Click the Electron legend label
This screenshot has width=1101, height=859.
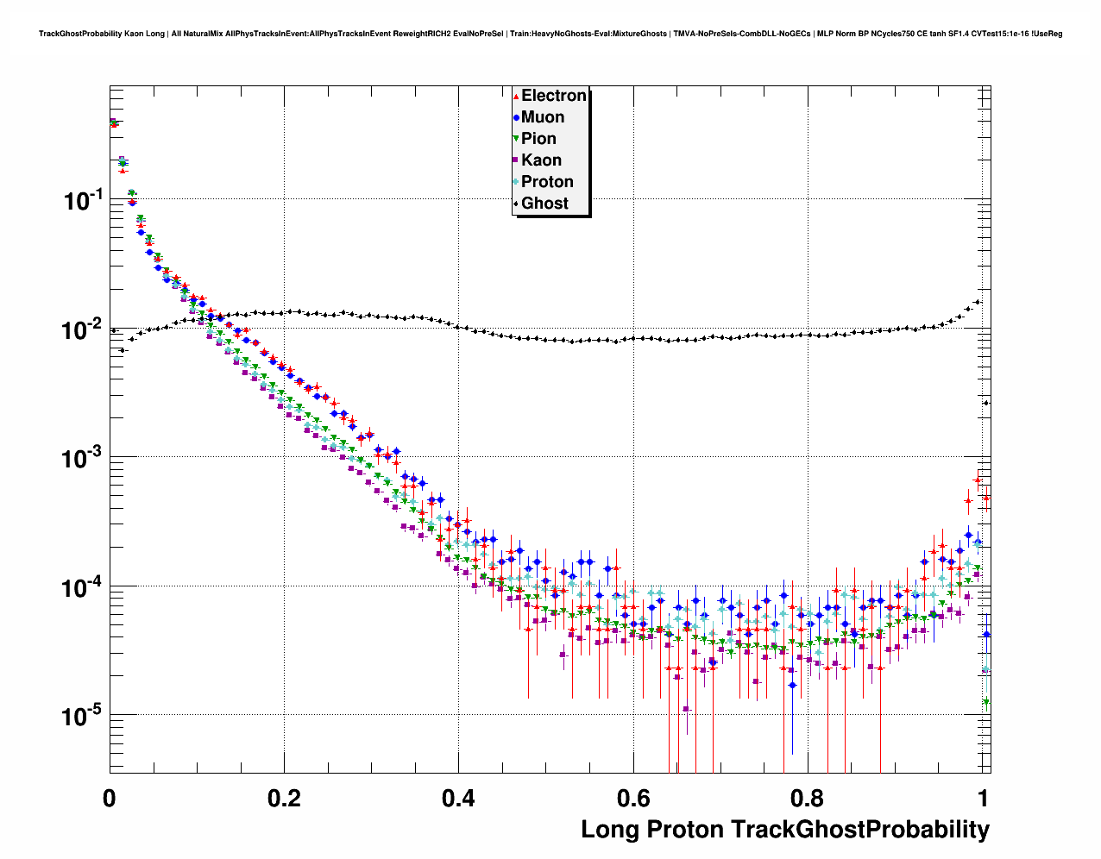pos(554,96)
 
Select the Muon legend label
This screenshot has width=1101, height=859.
pos(543,117)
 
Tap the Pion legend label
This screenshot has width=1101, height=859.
pos(538,139)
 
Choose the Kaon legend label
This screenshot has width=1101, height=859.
pos(541,160)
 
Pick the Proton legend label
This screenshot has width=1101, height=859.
pos(547,182)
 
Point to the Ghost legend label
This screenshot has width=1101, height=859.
pos(544,204)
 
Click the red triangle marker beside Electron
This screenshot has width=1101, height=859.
pos(516,97)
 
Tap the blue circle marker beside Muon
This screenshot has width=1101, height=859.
pos(516,118)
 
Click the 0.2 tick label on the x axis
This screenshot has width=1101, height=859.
pos(284,799)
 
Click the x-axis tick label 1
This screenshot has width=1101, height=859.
pos(982,799)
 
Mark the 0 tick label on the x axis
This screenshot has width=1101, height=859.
pos(110,799)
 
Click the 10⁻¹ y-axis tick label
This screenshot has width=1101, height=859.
pos(84,200)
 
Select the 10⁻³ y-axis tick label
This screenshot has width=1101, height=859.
pos(84,457)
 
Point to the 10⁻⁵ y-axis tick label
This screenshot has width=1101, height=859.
pos(84,715)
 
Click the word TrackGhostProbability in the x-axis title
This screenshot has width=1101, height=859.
pos(860,830)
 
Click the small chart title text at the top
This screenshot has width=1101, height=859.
pos(550,34)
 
